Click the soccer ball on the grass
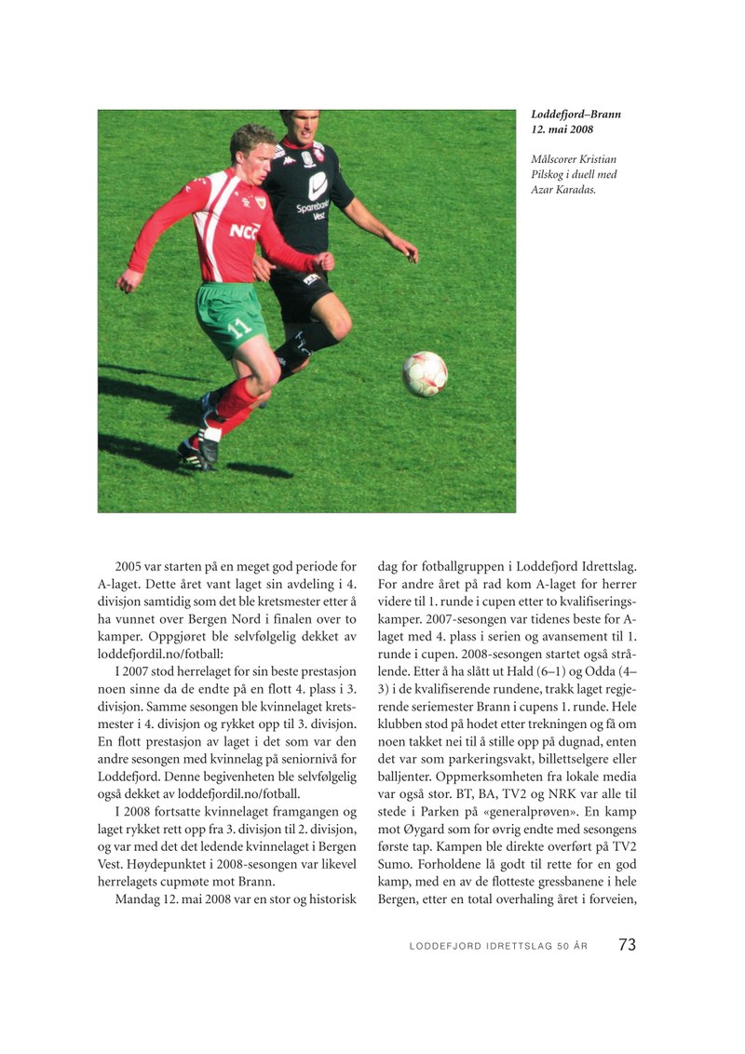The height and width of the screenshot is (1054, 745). (x=425, y=373)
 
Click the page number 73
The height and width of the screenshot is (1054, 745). (x=627, y=944)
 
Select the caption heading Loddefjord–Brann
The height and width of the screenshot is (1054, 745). (x=576, y=115)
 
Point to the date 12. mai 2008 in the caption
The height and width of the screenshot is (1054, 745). (x=562, y=129)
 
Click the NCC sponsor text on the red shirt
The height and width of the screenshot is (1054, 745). (x=244, y=230)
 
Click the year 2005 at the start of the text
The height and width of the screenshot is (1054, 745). (x=132, y=565)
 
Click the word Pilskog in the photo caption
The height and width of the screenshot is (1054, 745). (x=549, y=174)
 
